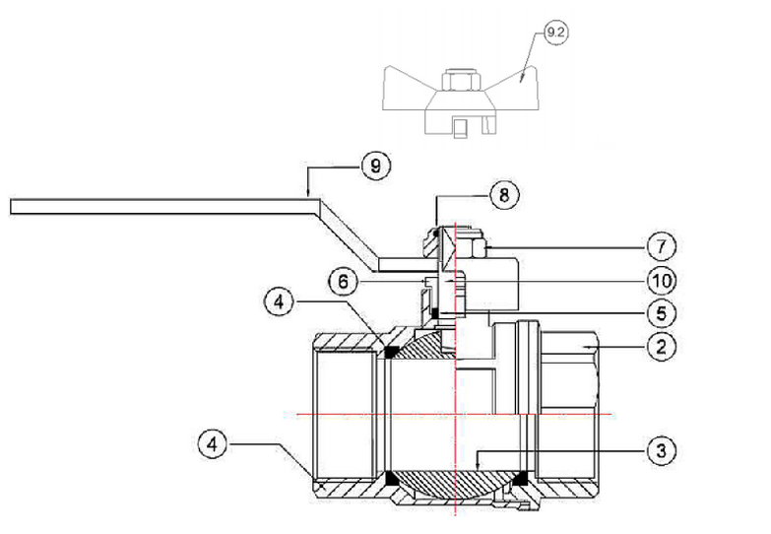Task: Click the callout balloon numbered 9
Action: click(x=376, y=166)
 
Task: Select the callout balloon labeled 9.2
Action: click(x=555, y=33)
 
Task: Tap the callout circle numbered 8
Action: click(x=504, y=195)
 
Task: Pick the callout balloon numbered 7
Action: click(x=661, y=246)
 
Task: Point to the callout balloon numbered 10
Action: click(x=662, y=281)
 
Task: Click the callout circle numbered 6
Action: click(x=344, y=282)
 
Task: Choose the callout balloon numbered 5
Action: click(x=661, y=313)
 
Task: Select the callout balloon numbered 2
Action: click(x=661, y=346)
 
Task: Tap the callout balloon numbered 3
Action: click(x=661, y=450)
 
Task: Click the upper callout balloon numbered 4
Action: click(x=280, y=301)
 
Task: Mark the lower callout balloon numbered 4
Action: click(x=213, y=444)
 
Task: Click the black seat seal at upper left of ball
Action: click(x=391, y=352)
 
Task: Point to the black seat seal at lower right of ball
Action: click(x=520, y=477)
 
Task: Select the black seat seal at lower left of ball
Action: click(x=393, y=479)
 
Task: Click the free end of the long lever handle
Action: click(x=11, y=207)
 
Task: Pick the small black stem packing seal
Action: click(x=434, y=313)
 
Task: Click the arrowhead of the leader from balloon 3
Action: click(x=478, y=467)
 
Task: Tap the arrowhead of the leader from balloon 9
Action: click(x=308, y=194)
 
